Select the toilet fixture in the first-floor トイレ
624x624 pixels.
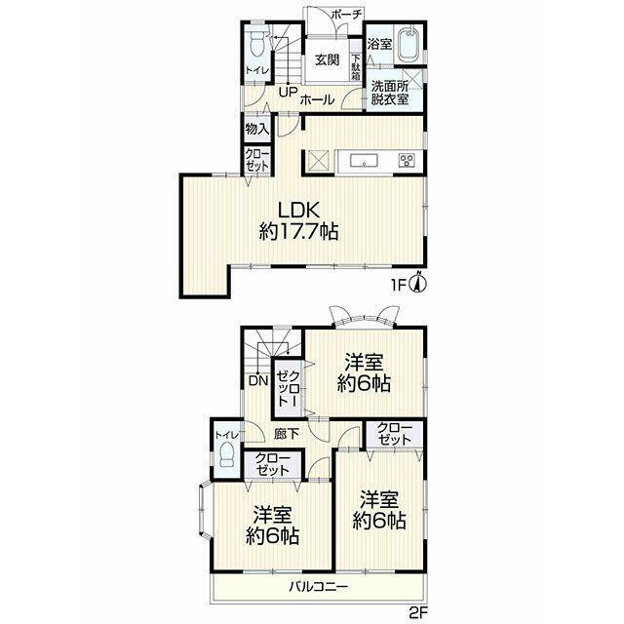click(257, 44)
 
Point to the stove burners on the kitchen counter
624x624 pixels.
click(406, 161)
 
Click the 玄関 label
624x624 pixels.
click(328, 60)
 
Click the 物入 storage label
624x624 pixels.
click(257, 129)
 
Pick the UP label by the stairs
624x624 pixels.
click(288, 93)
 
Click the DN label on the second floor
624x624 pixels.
click(258, 381)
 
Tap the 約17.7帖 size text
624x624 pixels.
click(298, 232)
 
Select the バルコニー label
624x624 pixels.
click(319, 587)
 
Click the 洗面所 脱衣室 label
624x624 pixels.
click(390, 94)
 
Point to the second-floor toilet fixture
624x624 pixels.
click(226, 454)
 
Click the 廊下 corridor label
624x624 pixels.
click(286, 433)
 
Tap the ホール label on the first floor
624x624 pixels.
click(317, 99)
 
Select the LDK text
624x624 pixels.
click(298, 210)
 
